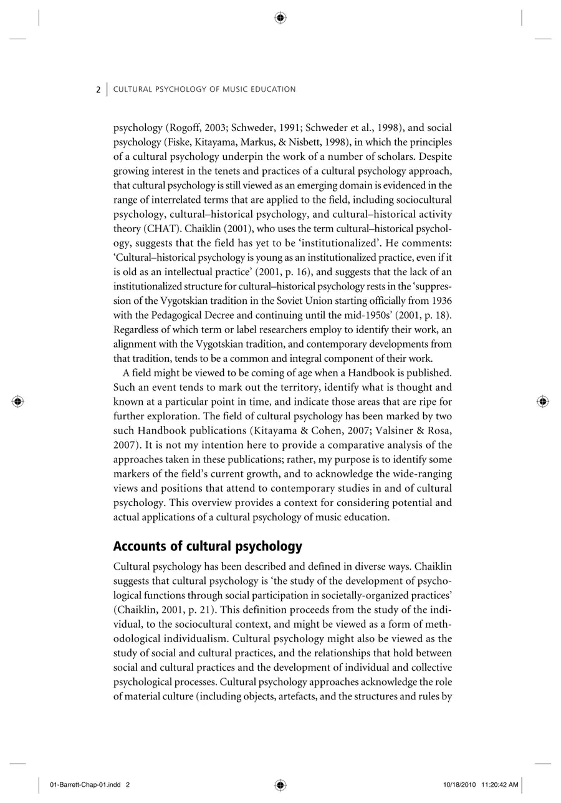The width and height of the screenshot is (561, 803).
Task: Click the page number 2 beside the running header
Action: (98, 90)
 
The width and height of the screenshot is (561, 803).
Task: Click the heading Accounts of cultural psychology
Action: (207, 547)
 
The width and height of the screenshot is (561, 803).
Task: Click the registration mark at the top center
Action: (280, 18)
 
